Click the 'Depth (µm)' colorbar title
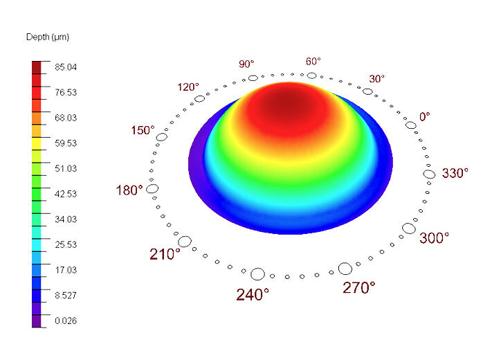click(48, 37)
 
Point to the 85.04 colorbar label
click(66, 67)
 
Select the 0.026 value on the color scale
click(66, 321)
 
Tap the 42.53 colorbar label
click(66, 194)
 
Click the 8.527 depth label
click(66, 295)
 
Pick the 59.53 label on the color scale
click(66, 143)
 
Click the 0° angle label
click(425, 117)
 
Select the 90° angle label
click(246, 64)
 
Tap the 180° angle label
click(129, 190)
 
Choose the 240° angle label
click(253, 294)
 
